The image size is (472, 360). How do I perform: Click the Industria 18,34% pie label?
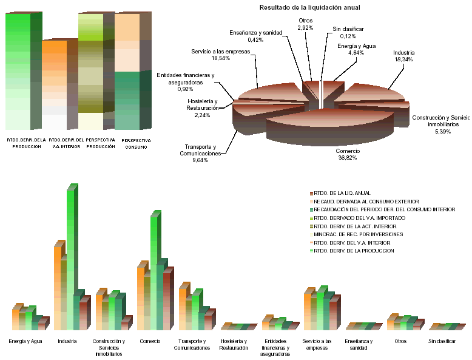pos(403,56)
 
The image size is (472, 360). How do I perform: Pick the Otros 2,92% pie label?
pos(305,24)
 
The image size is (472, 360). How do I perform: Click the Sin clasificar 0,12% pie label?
pos(345,32)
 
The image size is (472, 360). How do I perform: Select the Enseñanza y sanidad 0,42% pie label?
pos(255,36)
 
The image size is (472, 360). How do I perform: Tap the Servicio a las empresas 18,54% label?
pos(220,56)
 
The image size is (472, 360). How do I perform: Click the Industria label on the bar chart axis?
pos(67,341)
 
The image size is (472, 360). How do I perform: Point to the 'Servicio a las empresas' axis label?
pos(320,344)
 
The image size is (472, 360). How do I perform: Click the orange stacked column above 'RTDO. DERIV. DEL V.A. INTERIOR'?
pos(55,85)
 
